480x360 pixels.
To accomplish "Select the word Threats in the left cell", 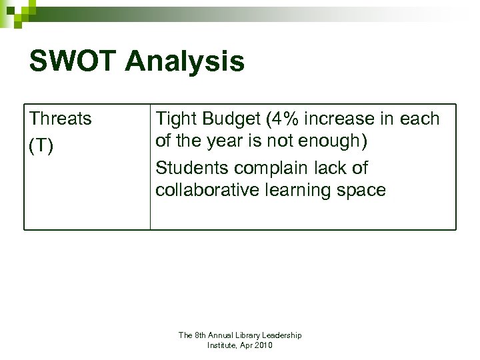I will point(61,119).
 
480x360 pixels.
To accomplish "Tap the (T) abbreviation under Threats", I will point(41,145).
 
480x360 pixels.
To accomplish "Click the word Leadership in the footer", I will point(279,335).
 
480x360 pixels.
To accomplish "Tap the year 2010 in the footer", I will point(263,345).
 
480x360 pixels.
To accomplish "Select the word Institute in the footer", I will point(223,345).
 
